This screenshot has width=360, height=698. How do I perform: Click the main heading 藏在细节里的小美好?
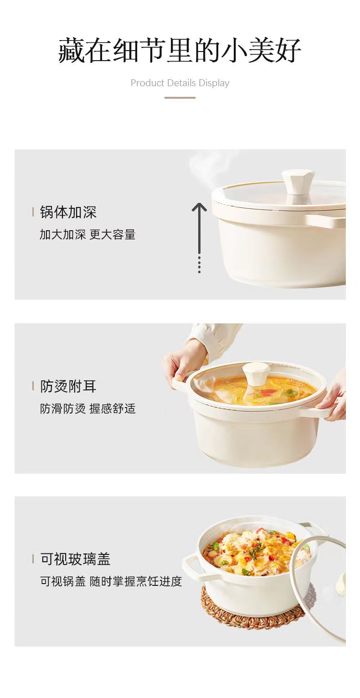click(180, 50)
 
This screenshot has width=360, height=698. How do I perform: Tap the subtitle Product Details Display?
click(180, 83)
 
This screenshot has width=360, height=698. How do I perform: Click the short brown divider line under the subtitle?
click(180, 98)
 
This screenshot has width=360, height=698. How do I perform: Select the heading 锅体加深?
click(68, 212)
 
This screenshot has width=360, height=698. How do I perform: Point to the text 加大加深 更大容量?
click(87, 235)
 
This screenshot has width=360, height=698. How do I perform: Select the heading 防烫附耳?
click(68, 387)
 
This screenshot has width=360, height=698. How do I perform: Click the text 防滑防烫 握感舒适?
click(87, 408)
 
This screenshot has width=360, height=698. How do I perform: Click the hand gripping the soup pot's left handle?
click(183, 365)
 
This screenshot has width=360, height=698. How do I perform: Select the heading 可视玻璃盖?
click(75, 558)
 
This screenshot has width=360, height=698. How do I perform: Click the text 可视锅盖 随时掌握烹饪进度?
click(111, 581)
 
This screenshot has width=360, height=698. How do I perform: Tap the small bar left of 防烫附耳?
click(33, 386)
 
